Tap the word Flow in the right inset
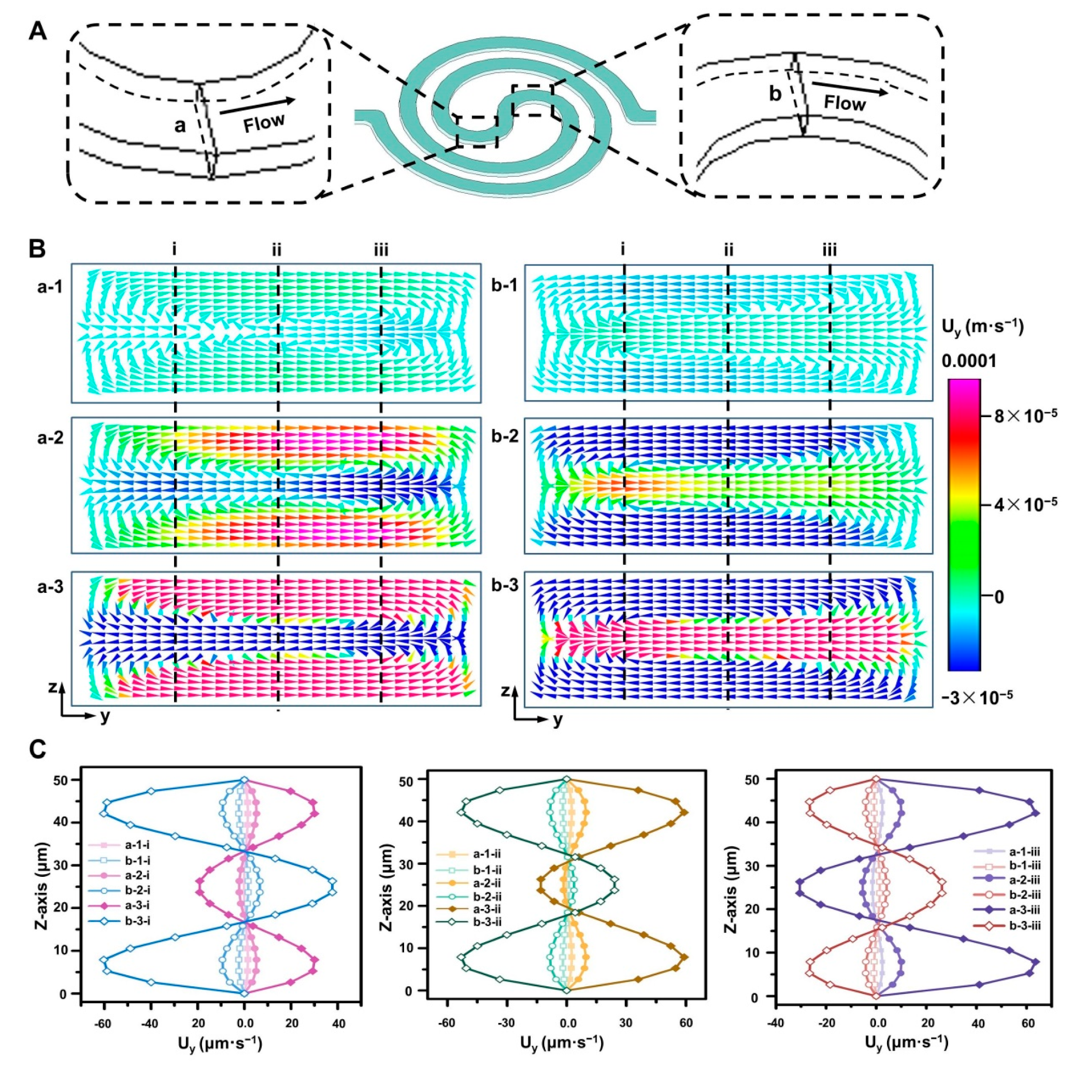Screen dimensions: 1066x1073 click(844, 103)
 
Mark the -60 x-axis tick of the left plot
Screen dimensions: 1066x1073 click(103, 1007)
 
